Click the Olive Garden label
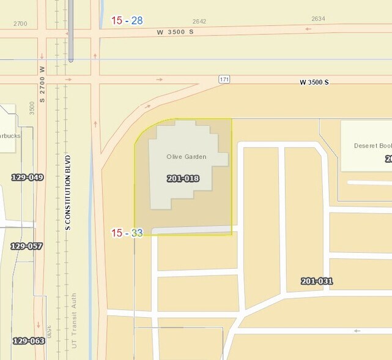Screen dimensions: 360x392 [186, 157]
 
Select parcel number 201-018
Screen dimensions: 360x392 [183, 178]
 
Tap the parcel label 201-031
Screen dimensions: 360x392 [317, 281]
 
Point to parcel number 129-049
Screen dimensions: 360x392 [28, 178]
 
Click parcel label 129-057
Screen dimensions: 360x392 [26, 246]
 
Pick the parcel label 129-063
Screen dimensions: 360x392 [29, 340]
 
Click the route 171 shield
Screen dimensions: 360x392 [224, 80]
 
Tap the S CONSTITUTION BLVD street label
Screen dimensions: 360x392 [68, 192]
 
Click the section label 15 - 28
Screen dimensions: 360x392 [127, 20]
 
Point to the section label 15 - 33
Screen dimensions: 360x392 [127, 233]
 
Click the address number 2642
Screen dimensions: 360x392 [199, 21]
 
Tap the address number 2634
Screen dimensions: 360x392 [318, 19]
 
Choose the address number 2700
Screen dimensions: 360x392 [20, 24]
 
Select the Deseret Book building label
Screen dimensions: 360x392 [372, 146]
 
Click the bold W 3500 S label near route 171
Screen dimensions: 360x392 [314, 82]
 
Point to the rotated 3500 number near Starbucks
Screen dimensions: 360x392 [32, 108]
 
